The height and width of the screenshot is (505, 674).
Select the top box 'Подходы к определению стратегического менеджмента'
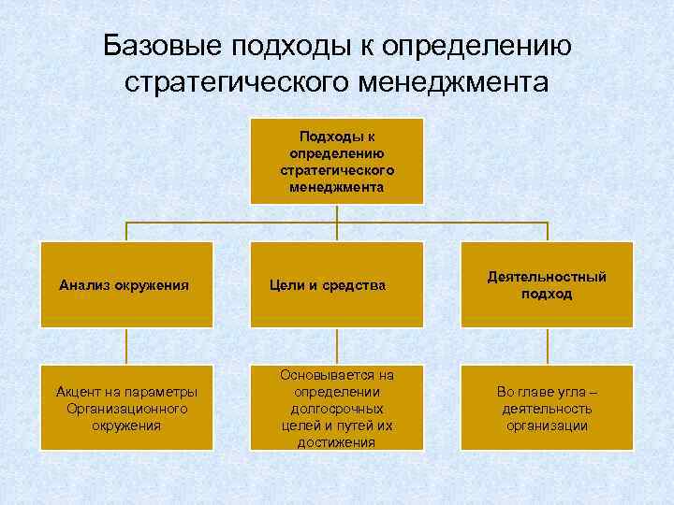(337, 160)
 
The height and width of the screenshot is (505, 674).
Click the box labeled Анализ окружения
(126, 284)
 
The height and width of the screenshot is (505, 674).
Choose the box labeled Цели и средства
(337, 284)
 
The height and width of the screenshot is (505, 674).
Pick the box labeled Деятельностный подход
(547, 284)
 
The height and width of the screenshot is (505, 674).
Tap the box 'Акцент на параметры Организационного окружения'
(126, 408)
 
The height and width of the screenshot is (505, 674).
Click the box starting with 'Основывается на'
(337, 408)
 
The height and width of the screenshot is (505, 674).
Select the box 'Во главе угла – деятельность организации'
(547, 408)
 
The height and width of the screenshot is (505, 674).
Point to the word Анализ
(83, 284)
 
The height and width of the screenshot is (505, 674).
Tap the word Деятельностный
(547, 277)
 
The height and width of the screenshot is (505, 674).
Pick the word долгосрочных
(337, 409)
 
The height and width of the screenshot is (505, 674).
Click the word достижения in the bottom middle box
(337, 442)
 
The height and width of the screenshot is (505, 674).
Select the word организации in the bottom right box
(547, 426)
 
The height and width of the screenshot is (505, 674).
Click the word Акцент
(79, 392)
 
